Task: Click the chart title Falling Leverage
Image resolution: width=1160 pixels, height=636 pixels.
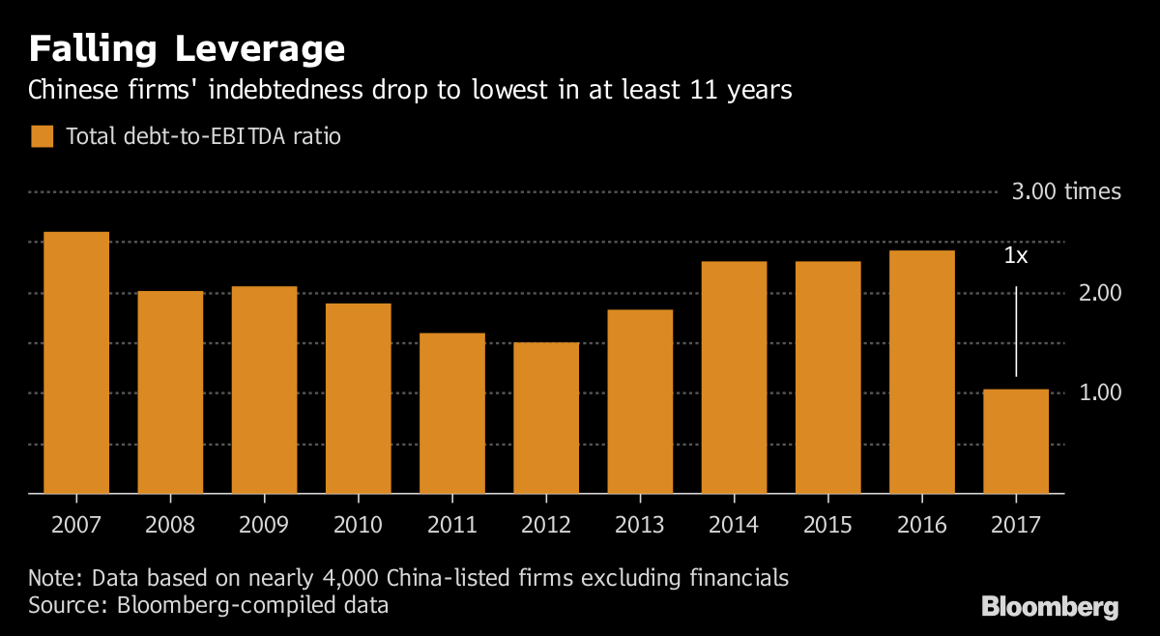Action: [187, 48]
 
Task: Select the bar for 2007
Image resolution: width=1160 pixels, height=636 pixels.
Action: [76, 362]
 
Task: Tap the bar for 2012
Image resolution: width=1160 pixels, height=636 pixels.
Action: [546, 418]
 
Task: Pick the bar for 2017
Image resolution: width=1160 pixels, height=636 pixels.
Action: [1016, 441]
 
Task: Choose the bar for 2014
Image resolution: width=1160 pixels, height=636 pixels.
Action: [734, 377]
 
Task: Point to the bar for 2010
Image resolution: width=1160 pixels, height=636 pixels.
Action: [359, 398]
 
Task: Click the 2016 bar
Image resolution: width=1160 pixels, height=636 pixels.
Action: [922, 372]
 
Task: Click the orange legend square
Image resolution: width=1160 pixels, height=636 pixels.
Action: [42, 136]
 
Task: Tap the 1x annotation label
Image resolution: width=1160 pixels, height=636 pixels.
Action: [1016, 256]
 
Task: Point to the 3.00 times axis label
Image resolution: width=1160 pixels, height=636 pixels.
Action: [1066, 191]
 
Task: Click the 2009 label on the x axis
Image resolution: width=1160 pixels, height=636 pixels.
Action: [264, 525]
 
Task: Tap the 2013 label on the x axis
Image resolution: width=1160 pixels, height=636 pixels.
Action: [640, 525]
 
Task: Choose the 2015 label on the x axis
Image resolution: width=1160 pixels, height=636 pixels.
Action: [827, 525]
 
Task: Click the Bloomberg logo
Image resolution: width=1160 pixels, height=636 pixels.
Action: [1050, 607]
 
